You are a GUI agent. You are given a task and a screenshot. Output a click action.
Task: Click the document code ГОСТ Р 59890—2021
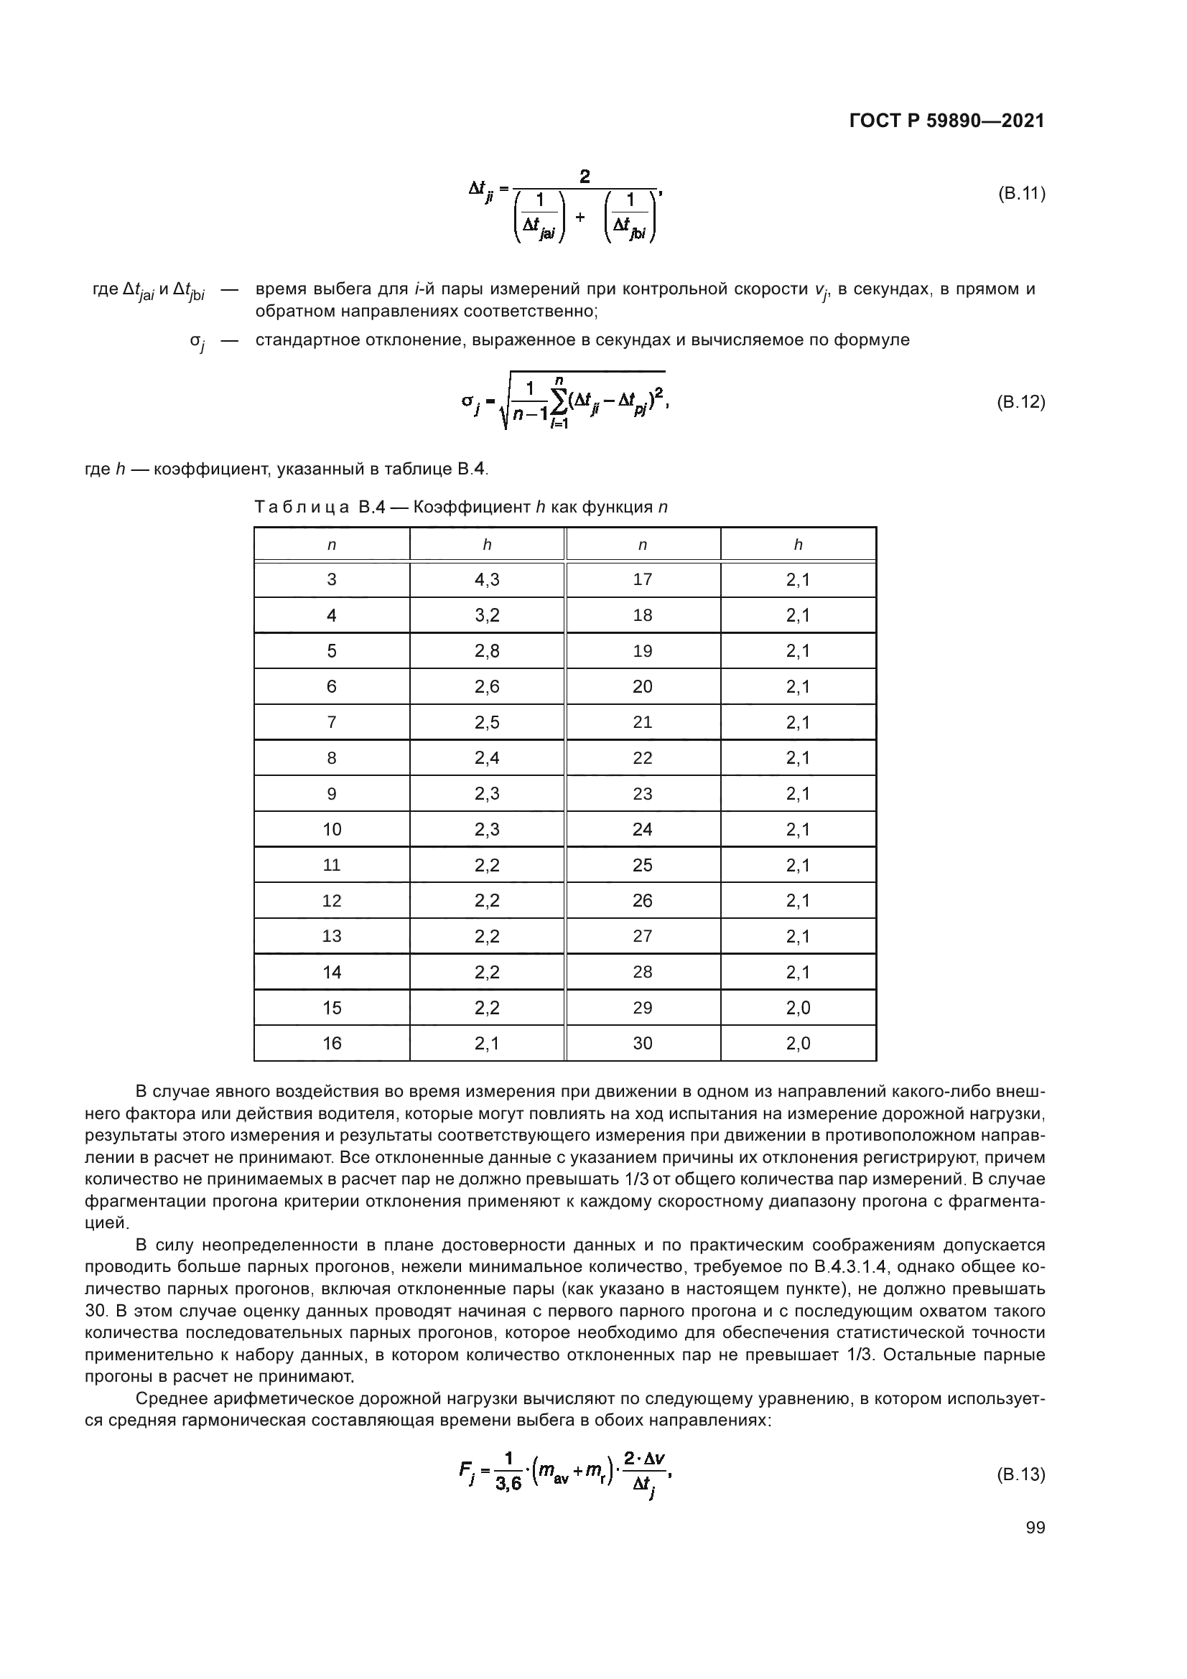click(946, 121)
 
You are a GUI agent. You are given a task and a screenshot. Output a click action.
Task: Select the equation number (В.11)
click(1021, 194)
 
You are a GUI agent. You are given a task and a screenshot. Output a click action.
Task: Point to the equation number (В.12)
click(1021, 401)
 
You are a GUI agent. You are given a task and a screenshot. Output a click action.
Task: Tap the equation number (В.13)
click(1021, 1474)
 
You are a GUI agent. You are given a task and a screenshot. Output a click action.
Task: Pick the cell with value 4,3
click(486, 580)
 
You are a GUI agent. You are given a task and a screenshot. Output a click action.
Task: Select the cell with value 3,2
click(486, 615)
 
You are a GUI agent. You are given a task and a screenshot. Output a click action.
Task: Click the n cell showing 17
click(642, 580)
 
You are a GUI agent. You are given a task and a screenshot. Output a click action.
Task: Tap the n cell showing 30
click(642, 1043)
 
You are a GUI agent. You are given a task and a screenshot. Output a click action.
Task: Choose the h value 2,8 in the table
click(486, 651)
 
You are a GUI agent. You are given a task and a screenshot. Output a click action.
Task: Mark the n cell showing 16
click(331, 1043)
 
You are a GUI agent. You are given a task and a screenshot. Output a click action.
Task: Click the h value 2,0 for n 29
click(798, 1008)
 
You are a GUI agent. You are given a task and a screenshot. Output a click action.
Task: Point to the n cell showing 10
click(331, 829)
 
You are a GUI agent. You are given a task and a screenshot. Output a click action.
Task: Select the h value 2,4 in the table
click(486, 757)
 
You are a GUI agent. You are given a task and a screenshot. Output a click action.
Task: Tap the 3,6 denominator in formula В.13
click(508, 1484)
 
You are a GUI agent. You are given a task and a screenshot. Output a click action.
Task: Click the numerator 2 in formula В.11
click(585, 177)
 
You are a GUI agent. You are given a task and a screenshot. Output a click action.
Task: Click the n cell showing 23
click(642, 793)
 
